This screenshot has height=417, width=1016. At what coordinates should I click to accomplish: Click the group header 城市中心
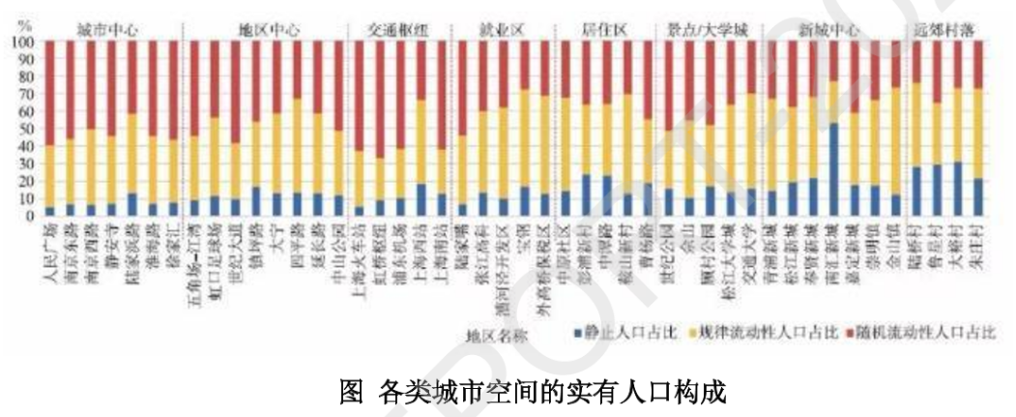coord(105,30)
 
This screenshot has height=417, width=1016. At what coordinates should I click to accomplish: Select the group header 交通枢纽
coord(395,30)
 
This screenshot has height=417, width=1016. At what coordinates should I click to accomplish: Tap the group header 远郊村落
coord(943,30)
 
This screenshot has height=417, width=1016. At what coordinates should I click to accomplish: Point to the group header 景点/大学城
coord(709,30)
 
